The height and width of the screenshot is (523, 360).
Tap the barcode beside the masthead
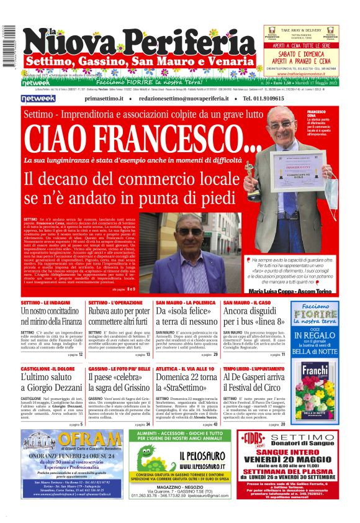tap(8, 47)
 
